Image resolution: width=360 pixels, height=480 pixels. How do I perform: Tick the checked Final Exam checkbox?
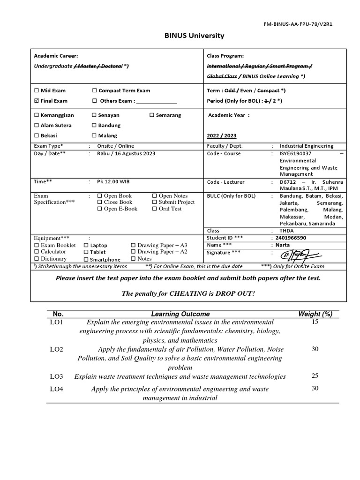click(x=37, y=101)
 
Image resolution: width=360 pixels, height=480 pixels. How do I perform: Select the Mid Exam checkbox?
click(x=37, y=90)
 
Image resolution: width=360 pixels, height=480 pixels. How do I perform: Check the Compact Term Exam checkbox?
click(x=94, y=90)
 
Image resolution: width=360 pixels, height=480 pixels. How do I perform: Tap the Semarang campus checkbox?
click(x=152, y=115)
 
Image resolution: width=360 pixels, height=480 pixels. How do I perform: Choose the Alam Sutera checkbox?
click(x=37, y=125)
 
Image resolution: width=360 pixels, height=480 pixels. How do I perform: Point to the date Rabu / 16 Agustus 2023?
click(x=126, y=153)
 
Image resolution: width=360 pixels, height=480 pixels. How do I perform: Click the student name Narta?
click(x=283, y=245)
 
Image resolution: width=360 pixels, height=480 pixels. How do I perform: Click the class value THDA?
click(x=287, y=231)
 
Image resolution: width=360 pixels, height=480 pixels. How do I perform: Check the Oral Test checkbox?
click(x=155, y=209)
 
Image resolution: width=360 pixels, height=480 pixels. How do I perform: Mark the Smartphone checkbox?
click(x=86, y=259)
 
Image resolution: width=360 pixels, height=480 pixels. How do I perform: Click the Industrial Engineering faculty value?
click(x=307, y=146)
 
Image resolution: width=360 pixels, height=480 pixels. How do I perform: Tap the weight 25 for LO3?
click(x=315, y=375)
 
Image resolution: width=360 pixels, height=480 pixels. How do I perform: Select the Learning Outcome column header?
click(x=180, y=314)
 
